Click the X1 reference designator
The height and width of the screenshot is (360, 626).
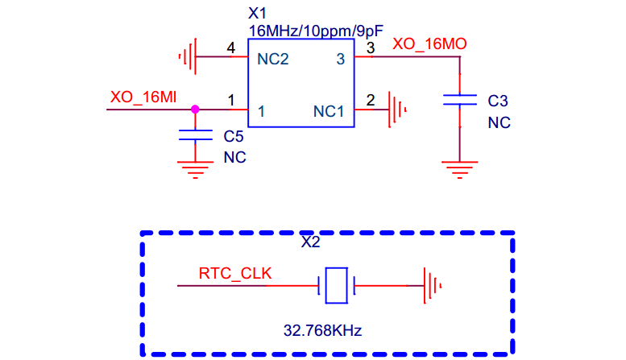257,14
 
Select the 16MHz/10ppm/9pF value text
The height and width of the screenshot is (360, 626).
316,31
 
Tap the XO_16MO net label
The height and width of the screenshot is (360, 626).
429,44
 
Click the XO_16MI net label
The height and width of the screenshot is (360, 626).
143,97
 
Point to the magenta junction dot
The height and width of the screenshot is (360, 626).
195,109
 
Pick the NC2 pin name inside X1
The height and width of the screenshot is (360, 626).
272,59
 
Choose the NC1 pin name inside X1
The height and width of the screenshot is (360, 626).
329,111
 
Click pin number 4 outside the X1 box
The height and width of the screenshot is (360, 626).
230,48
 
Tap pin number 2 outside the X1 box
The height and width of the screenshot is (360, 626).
371,100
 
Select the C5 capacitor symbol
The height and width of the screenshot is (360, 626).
195,135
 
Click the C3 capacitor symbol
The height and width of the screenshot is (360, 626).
460,100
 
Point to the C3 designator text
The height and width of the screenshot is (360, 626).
498,101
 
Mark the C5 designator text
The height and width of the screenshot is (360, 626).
234,136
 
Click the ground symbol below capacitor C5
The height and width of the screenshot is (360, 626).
195,170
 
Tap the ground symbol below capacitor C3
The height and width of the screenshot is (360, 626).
460,170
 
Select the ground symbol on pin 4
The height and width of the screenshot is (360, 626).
188,56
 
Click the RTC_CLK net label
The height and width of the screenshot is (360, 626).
235,273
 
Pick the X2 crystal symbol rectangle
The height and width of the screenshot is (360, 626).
336,285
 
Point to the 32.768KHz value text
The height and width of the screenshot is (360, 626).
322,330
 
